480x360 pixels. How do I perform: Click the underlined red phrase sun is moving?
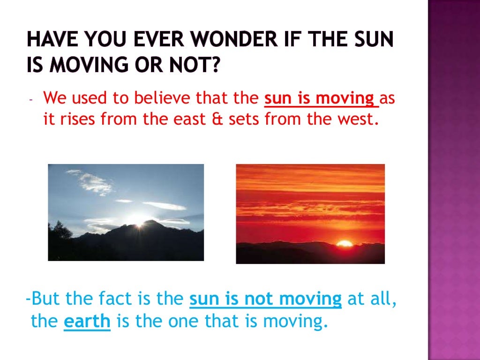click(x=321, y=99)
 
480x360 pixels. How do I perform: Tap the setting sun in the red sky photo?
click(x=345, y=243)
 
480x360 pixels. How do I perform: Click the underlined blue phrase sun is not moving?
click(x=265, y=299)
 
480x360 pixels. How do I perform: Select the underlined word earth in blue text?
click(x=87, y=322)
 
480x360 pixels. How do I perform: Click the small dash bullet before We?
click(x=31, y=100)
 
